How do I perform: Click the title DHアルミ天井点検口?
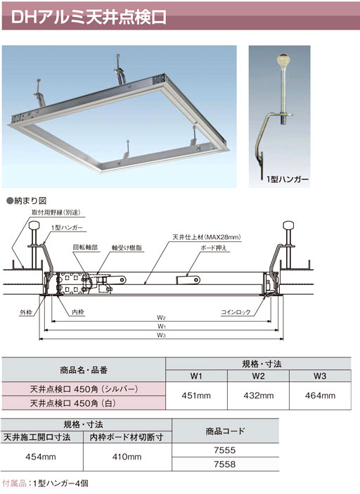[89, 17]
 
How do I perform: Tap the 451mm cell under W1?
[196, 395]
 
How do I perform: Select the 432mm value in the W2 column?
[258, 395]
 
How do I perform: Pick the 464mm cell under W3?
[320, 395]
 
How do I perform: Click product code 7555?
[225, 450]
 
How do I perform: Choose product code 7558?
[225, 464]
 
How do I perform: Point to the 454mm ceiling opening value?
[41, 457]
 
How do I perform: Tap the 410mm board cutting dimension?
[127, 457]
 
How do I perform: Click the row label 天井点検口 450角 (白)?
[72, 403]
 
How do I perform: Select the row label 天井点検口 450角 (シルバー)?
[84, 389]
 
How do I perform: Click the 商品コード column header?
[225, 431]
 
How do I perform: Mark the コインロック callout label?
[236, 312]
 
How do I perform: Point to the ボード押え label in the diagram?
[213, 248]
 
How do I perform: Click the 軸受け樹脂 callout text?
[127, 248]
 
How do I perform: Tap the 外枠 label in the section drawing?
[26, 312]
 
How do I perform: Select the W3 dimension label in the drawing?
[161, 335]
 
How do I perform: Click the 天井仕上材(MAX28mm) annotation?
[207, 237]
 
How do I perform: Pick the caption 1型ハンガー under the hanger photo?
[288, 179]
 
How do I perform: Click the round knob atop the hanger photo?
[283, 58]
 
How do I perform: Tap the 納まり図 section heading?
[27, 201]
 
